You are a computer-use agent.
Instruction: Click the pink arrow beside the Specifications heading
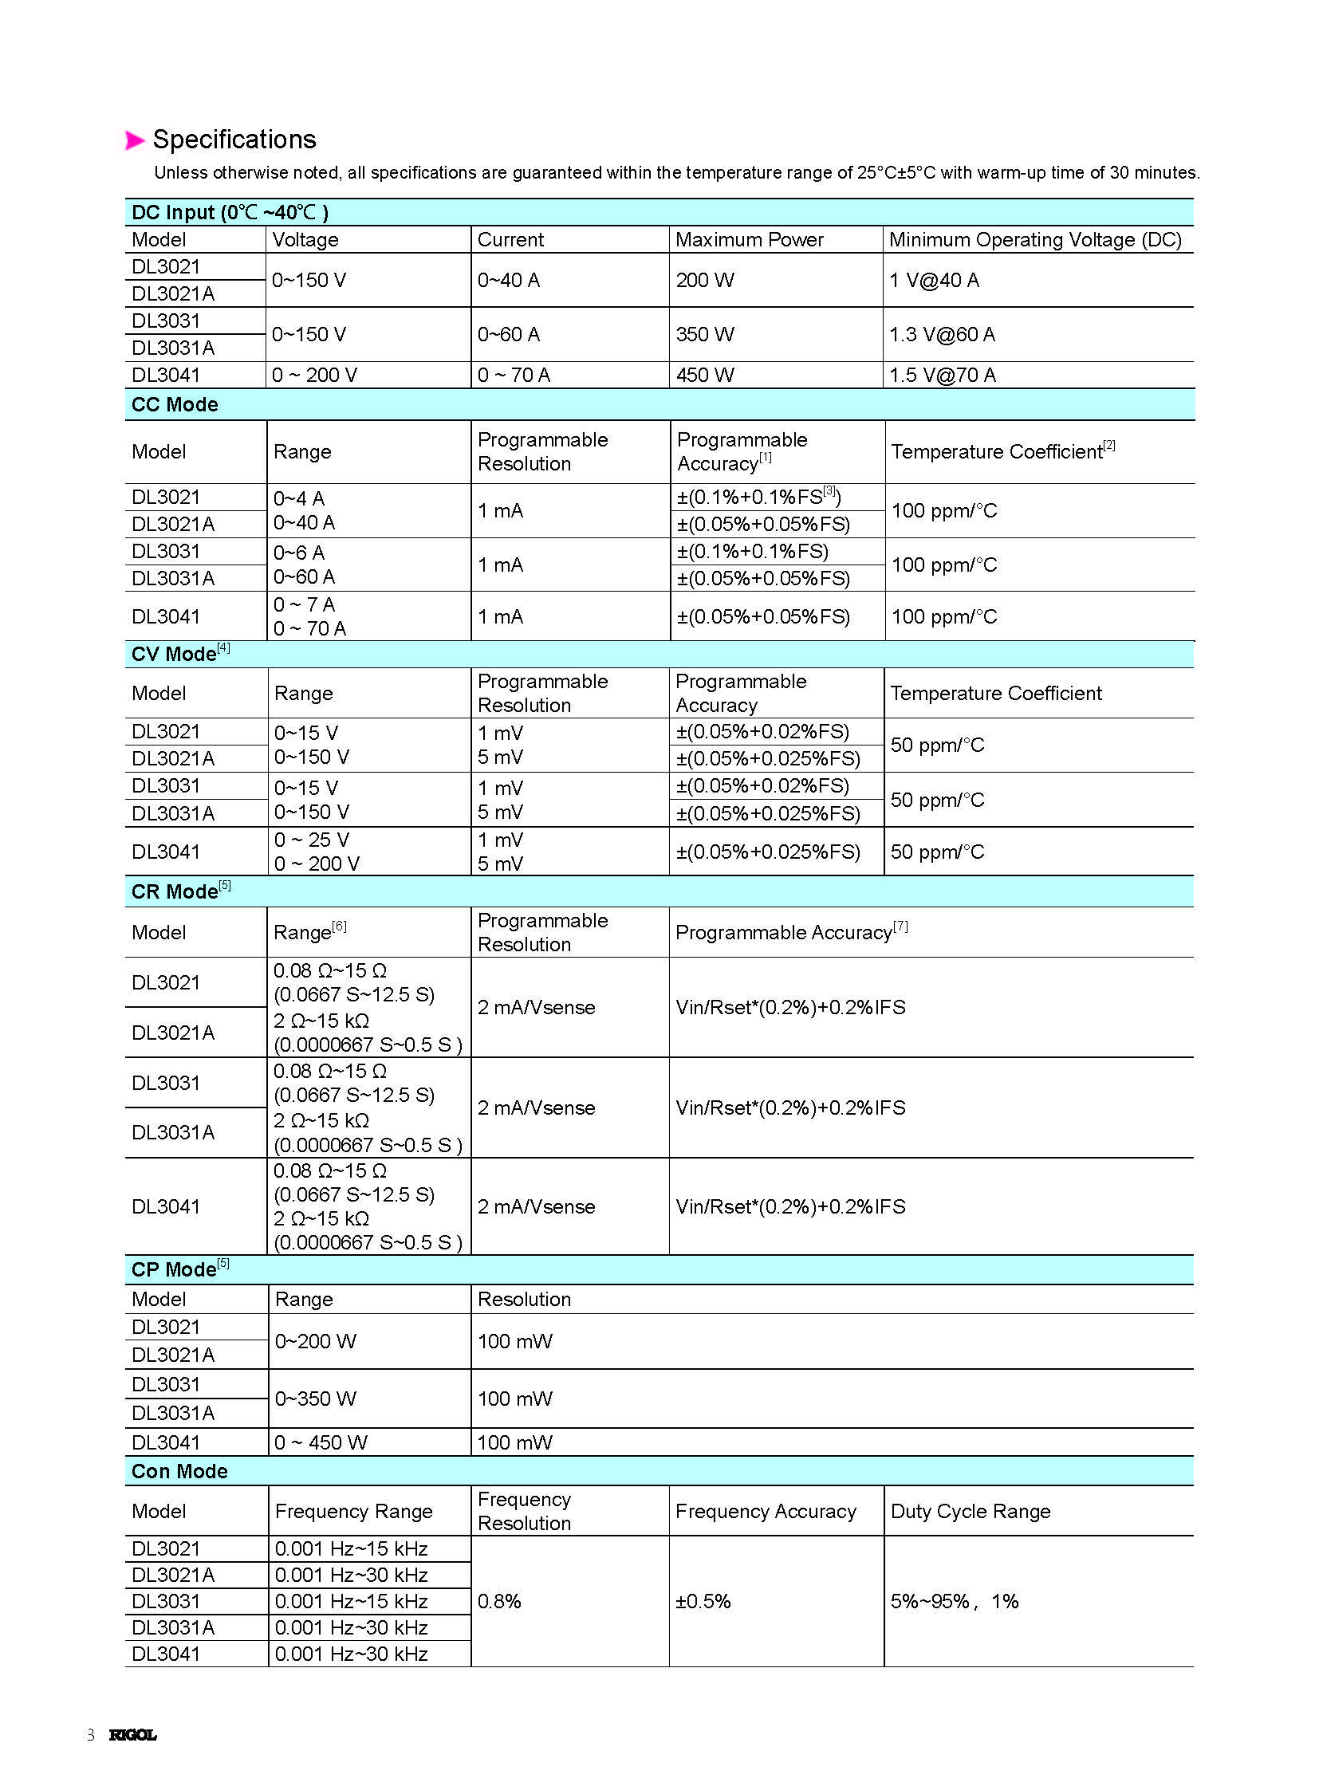tap(134, 140)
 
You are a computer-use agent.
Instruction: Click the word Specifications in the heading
tap(234, 140)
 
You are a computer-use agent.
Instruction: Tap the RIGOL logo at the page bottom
tap(132, 1734)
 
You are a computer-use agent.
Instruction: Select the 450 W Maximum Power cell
tap(704, 375)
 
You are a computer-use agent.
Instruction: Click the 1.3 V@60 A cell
tap(942, 334)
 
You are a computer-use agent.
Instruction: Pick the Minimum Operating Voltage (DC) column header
tap(1035, 239)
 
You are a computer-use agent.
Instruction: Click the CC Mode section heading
tap(175, 404)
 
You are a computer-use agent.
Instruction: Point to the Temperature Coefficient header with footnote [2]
tap(1002, 450)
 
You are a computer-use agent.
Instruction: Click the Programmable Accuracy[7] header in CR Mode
tap(791, 932)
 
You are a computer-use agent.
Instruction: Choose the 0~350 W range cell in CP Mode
tap(315, 1398)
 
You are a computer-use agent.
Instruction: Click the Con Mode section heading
tap(179, 1470)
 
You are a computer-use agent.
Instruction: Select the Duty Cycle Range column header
tap(970, 1511)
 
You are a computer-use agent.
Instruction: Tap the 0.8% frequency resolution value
tap(499, 1601)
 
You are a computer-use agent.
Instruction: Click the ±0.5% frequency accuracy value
tap(703, 1601)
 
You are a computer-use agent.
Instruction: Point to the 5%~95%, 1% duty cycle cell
tap(954, 1601)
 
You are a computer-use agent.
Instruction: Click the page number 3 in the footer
tap(91, 1734)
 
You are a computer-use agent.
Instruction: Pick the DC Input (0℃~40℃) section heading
tap(230, 212)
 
